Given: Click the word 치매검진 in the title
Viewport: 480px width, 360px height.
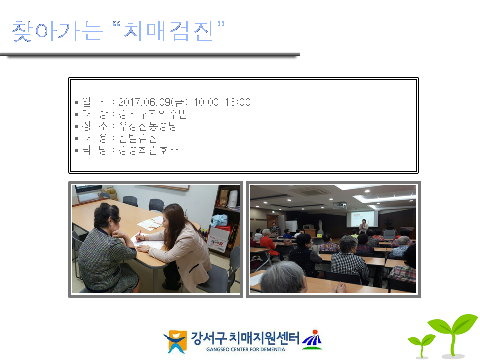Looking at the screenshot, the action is [x=169, y=31].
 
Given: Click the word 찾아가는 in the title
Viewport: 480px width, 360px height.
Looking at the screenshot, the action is [x=57, y=31].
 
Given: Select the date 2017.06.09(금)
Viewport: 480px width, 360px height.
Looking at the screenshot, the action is [x=153, y=102].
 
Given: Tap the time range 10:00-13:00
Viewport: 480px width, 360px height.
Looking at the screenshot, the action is [x=222, y=102].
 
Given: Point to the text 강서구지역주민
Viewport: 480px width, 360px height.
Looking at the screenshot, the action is [x=153, y=114].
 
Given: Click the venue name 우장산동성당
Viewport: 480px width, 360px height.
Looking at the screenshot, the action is [x=148, y=126].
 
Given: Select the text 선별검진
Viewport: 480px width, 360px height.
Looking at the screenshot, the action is [x=138, y=138].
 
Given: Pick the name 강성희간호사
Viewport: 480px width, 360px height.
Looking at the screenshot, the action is [x=148, y=150].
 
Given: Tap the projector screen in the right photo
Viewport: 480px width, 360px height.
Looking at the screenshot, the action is [x=360, y=218].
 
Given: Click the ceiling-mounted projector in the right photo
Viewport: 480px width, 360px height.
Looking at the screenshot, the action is [x=340, y=205].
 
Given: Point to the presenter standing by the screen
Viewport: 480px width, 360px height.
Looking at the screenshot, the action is [x=364, y=227].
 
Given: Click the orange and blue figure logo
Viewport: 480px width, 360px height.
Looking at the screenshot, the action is [x=175, y=341].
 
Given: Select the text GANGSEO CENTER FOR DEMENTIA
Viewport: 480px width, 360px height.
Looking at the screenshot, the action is [x=246, y=349].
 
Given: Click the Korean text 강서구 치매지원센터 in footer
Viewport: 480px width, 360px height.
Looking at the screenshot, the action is [x=245, y=338].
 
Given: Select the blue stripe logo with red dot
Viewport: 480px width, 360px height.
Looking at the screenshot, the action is [x=312, y=340].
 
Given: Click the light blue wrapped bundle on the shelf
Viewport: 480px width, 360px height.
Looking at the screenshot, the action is [x=219, y=220].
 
